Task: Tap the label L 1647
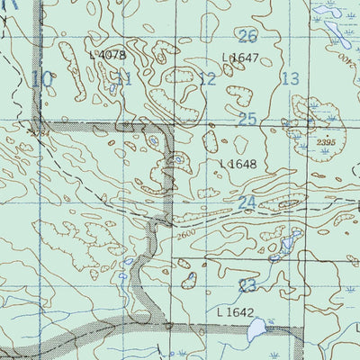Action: (x=240, y=58)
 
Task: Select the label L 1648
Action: (x=238, y=165)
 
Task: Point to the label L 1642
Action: (x=236, y=312)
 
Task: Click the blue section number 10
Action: (x=41, y=79)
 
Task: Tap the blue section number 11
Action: (x=123, y=79)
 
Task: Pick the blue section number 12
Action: (x=208, y=79)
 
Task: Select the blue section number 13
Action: (x=290, y=79)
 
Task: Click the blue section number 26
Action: (x=248, y=36)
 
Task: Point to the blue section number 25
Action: (x=248, y=119)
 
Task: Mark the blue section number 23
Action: (x=248, y=286)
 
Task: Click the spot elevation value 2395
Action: (x=325, y=142)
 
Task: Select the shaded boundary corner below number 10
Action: (x=38, y=121)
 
